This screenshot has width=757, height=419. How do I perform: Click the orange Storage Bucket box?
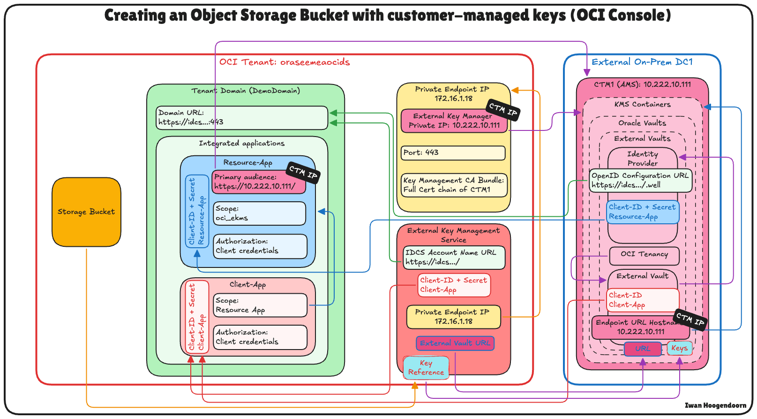pyautogui.click(x=86, y=212)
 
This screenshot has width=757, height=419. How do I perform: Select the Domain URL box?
pyautogui.click(x=241, y=117)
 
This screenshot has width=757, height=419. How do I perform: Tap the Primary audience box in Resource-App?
pyautogui.click(x=258, y=182)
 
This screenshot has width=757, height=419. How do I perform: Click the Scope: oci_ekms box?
pyautogui.click(x=259, y=213)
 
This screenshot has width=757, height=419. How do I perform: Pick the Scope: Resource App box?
pyautogui.click(x=260, y=305)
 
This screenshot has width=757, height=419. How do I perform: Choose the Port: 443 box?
pyautogui.click(x=453, y=153)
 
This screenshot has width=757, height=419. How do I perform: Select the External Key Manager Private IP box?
pyautogui.click(x=454, y=121)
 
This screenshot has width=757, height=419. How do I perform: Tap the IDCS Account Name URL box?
pyautogui.click(x=454, y=258)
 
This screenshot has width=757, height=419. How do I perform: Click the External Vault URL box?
pyautogui.click(x=455, y=343)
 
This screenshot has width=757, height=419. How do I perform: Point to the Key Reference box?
pyautogui.click(x=426, y=368)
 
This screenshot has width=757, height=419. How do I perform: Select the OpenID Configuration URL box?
pyautogui.click(x=640, y=181)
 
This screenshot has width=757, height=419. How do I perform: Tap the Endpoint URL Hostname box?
pyautogui.click(x=640, y=328)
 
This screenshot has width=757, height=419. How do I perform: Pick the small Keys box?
pyautogui.click(x=679, y=348)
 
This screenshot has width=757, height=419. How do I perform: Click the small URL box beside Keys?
pyautogui.click(x=643, y=349)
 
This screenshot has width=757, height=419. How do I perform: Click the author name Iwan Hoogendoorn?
pyautogui.click(x=715, y=405)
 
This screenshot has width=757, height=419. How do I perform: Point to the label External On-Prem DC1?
pyautogui.click(x=642, y=62)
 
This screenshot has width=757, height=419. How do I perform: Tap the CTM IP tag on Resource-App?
pyautogui.click(x=303, y=172)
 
